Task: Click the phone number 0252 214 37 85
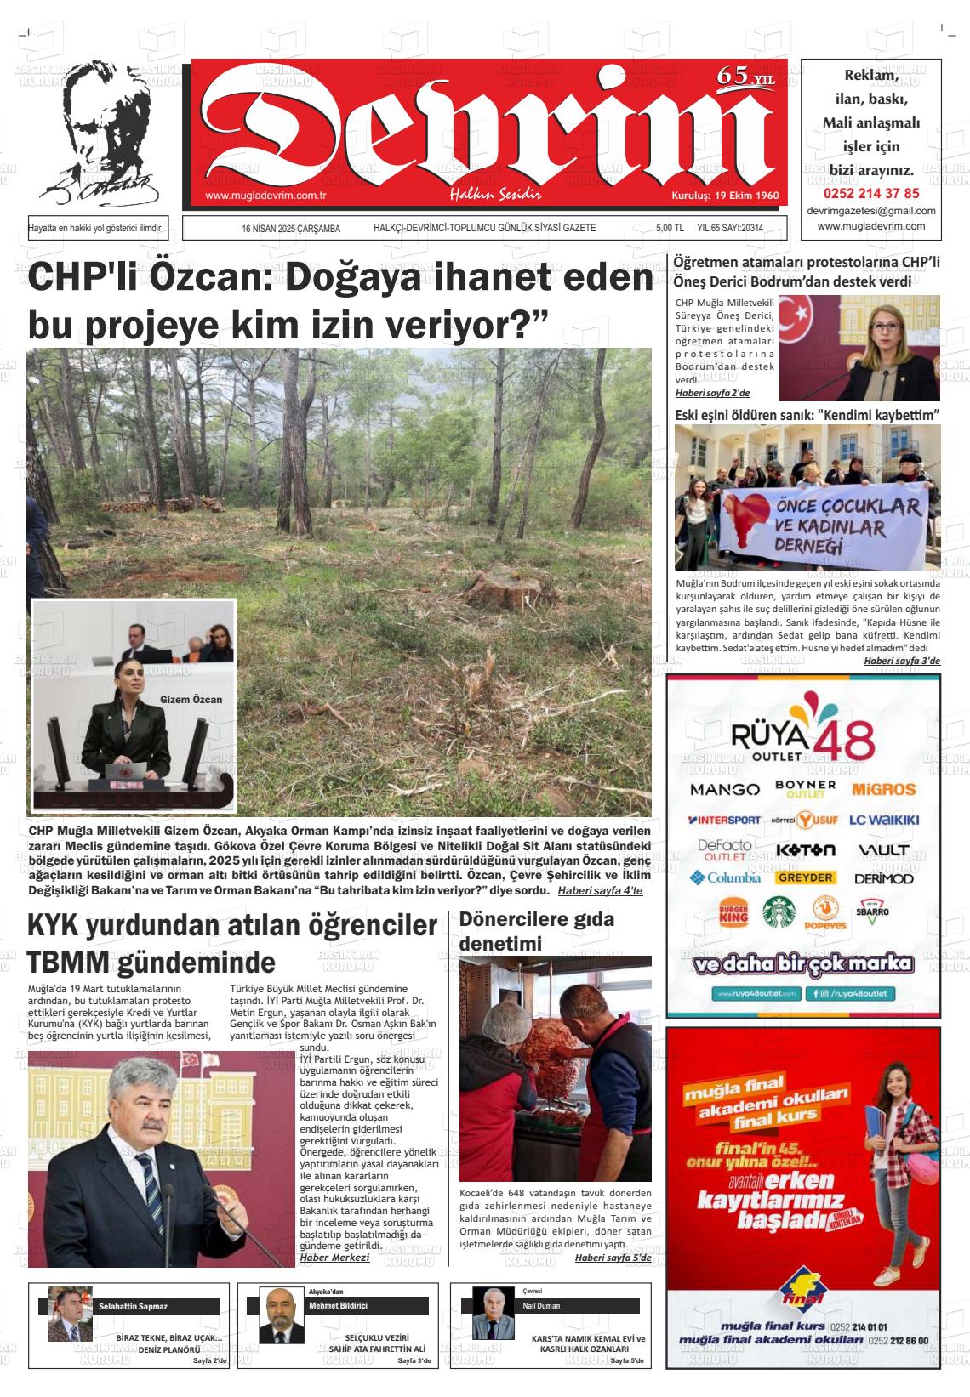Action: (x=870, y=193)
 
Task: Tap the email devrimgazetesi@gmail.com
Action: (x=870, y=211)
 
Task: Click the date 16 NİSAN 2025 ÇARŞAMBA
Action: (x=291, y=229)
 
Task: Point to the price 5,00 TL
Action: (x=670, y=229)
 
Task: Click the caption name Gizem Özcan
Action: (x=191, y=700)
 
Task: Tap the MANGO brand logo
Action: (x=725, y=789)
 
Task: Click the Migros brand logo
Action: (x=883, y=789)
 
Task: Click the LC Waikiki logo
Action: (x=884, y=821)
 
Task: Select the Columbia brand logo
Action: (x=726, y=877)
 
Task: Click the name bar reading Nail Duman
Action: (x=579, y=1305)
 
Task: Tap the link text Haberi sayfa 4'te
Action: (x=600, y=890)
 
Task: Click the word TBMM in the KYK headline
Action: (x=69, y=963)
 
